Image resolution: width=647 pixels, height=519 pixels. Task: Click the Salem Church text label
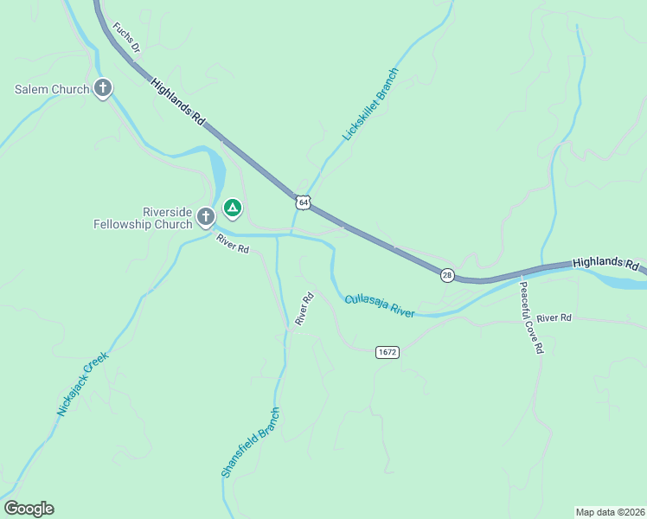52,89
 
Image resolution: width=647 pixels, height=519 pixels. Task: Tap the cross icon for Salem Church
103,87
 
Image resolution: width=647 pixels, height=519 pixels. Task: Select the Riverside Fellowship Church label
143,218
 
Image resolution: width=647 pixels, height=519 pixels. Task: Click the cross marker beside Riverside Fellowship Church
206,216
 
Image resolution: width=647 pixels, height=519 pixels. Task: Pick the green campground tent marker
232,208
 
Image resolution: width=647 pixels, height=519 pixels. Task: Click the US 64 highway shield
301,202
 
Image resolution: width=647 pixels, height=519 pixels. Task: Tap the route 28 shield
446,275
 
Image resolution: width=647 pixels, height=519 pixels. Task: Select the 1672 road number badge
387,352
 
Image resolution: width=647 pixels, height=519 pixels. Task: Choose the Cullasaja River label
380,305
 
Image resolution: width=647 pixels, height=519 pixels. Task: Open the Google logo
29,509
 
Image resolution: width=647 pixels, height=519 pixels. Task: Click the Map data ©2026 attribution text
610,511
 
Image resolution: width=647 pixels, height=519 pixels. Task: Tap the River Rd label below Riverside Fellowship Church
234,245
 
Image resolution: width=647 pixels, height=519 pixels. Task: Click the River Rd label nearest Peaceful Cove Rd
554,318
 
